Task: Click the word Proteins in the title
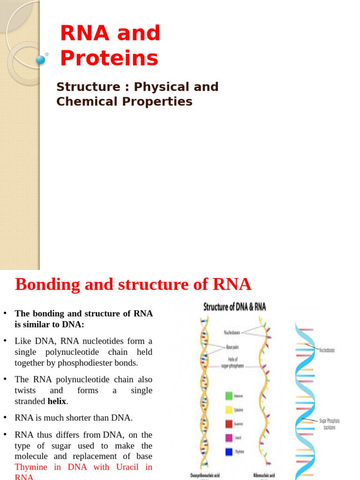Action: (109, 58)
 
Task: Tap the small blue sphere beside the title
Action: (40, 60)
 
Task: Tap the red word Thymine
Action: (31, 467)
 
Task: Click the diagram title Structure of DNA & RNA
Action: (234, 307)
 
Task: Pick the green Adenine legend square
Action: (229, 396)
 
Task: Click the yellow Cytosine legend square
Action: (229, 410)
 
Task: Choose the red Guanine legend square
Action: (229, 424)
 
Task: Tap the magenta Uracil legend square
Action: (229, 438)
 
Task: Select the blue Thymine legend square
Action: (229, 452)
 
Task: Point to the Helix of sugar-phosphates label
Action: (232, 363)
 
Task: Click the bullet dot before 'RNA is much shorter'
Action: (4, 418)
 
